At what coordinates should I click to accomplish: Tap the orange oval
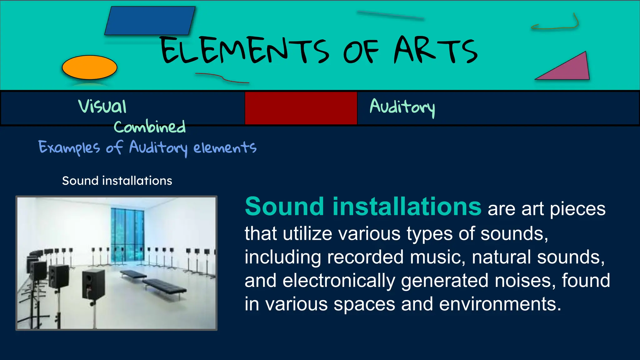coord(90,67)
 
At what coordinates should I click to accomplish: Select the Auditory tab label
coord(402,107)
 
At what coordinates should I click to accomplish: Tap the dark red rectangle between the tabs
coord(301,108)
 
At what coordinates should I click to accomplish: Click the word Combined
coord(149,127)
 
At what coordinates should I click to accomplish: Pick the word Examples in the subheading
coord(69,147)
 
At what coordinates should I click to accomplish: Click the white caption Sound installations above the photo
coord(117,181)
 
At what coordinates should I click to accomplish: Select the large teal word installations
coord(407,207)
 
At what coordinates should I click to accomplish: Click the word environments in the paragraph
coord(500,304)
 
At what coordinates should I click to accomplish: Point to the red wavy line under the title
coord(222,78)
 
